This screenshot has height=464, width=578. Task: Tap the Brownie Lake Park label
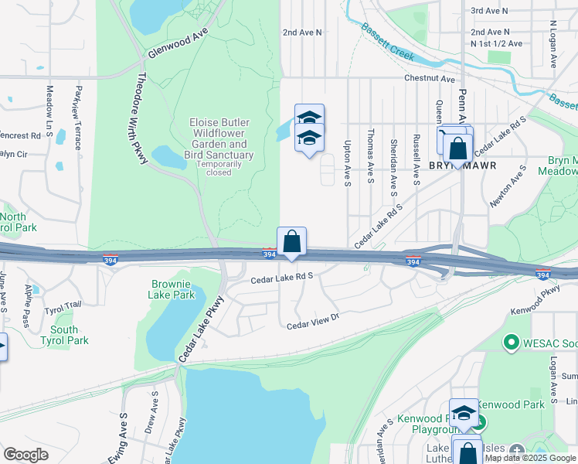point(172,289)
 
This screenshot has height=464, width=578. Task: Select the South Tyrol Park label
point(59,335)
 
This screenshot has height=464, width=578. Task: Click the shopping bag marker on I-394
point(292,241)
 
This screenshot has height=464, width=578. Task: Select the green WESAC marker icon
point(511,341)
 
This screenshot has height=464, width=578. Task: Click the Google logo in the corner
point(25,455)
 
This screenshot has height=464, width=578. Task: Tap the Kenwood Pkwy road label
point(534,302)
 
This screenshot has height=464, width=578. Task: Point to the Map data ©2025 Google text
point(529,458)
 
